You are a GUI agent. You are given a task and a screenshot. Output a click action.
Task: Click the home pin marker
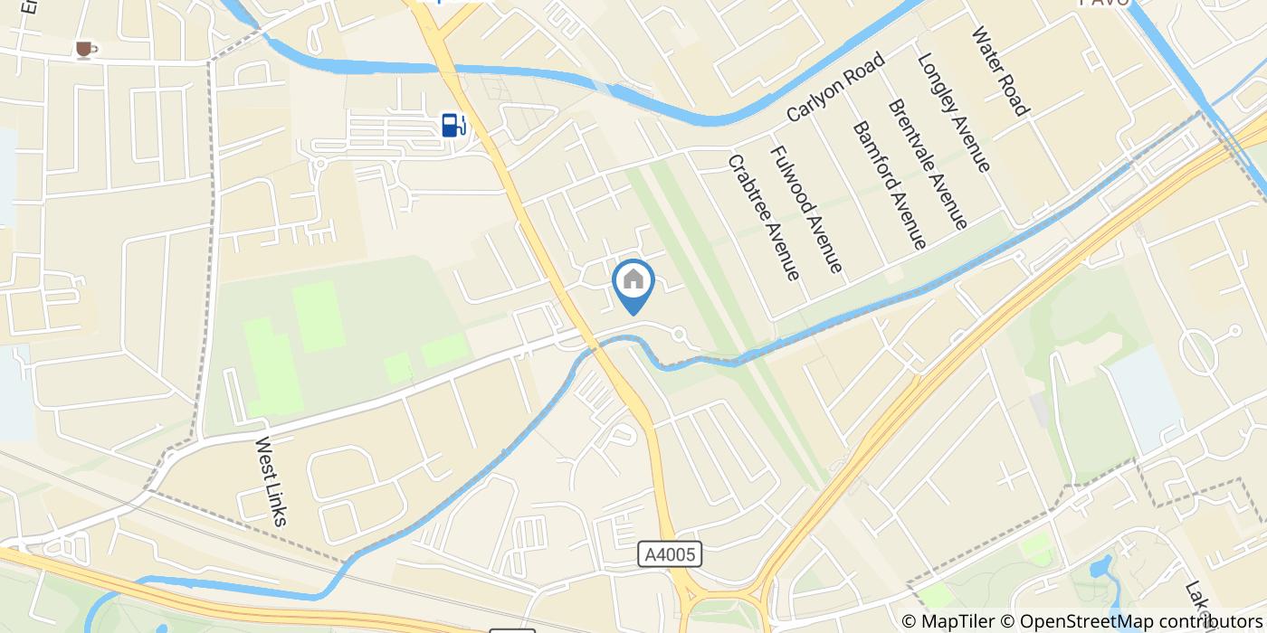633,282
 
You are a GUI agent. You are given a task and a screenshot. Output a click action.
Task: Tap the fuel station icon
453,124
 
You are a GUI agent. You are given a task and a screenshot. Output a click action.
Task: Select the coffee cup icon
84,49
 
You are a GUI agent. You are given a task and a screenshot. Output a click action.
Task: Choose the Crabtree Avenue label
764,216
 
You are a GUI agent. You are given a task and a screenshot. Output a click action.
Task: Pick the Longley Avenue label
954,111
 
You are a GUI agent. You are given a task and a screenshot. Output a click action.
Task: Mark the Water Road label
1000,71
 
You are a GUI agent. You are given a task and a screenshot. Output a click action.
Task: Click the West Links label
271,481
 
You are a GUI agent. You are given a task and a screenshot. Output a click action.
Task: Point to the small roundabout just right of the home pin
679,335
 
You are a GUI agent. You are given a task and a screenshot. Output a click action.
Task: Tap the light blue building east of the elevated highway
1145,398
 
